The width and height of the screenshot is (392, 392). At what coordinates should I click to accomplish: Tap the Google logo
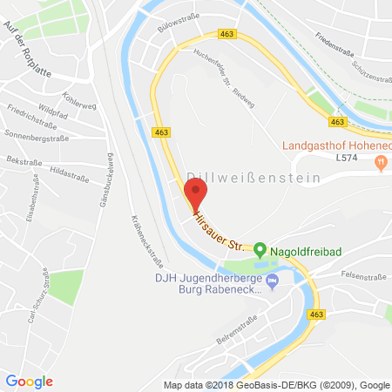point(29,382)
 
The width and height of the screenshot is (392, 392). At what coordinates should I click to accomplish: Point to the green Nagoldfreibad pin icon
point(259,251)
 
